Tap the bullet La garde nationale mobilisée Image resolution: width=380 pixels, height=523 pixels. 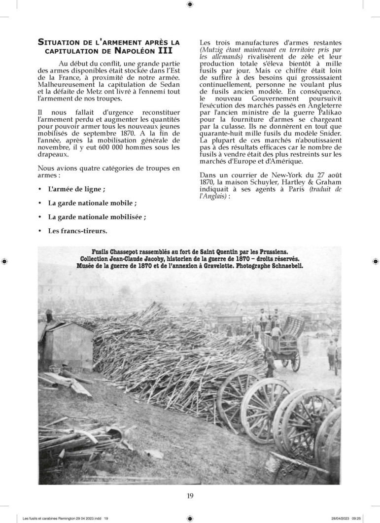click(97, 216)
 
